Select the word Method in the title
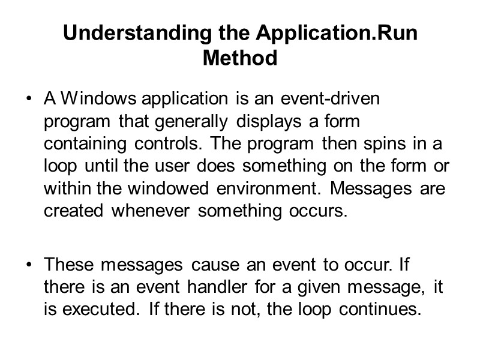240,59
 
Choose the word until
88,167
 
